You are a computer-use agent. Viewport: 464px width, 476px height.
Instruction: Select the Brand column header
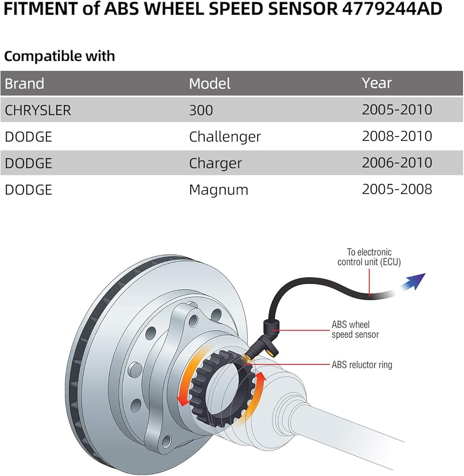[x=24, y=83]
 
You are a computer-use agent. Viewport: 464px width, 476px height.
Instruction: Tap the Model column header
[x=209, y=83]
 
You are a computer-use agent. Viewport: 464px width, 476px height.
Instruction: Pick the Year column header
[x=376, y=83]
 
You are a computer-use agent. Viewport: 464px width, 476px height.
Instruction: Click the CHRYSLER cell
[x=38, y=110]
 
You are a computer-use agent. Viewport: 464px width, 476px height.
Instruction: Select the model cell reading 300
[x=201, y=110]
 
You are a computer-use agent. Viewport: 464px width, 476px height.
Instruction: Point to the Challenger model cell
[x=225, y=137]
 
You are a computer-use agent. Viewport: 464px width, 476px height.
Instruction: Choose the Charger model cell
[x=215, y=163]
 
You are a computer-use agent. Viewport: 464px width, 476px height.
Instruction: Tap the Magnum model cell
[x=218, y=190]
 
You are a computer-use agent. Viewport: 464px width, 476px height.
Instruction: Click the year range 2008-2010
[x=397, y=136]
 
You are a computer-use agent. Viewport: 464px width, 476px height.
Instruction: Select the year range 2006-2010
[x=397, y=163]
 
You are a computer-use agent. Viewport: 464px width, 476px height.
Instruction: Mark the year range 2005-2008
[x=397, y=189]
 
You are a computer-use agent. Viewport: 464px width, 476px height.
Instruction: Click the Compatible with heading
[x=60, y=56]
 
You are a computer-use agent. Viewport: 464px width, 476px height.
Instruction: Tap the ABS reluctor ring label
[x=361, y=365]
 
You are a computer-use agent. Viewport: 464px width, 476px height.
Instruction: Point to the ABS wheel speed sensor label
[x=355, y=329]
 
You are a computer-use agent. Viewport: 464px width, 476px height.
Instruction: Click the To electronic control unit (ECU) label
[x=369, y=257]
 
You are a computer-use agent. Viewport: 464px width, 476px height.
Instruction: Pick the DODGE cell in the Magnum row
[x=28, y=190]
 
